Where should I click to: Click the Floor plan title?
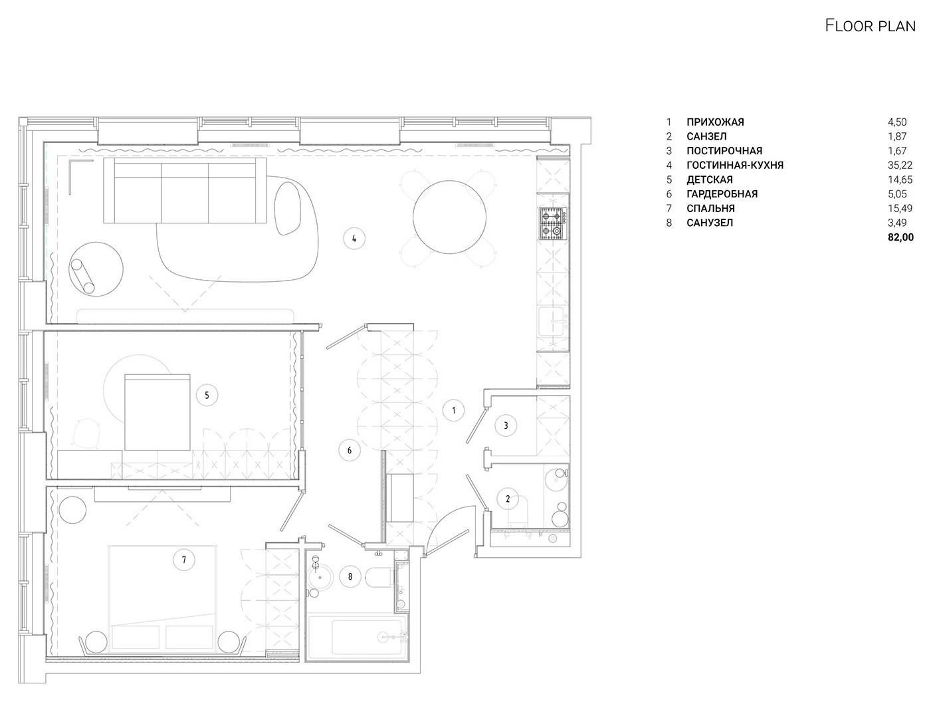tap(870, 26)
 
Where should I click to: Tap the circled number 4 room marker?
tap(354, 239)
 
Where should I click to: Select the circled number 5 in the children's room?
tap(207, 396)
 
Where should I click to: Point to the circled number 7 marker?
tap(184, 560)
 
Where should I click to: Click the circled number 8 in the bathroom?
tap(350, 576)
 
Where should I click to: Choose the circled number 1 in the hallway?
tap(453, 410)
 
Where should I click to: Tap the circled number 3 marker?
tap(506, 425)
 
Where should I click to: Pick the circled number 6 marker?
tap(350, 450)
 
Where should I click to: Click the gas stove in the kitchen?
tap(553, 223)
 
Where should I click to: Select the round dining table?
tap(450, 217)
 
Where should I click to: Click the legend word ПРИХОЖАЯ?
tap(716, 122)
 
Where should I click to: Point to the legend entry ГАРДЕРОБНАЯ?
tap(722, 194)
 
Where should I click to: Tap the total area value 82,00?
tap(900, 237)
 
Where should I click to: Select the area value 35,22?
tap(900, 165)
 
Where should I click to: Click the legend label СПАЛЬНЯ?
tap(710, 208)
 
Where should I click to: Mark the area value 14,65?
tap(900, 179)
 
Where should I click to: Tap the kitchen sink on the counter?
tap(553, 322)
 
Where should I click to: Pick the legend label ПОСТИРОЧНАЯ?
tap(724, 151)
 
